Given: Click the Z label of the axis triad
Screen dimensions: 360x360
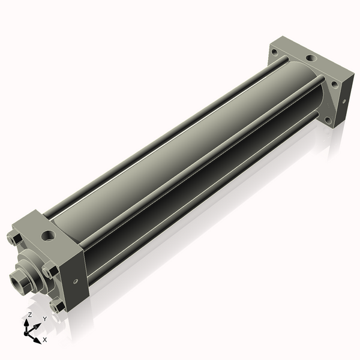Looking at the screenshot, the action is pos(30,314).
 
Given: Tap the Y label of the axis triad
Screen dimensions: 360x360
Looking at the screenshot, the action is pos(45,319).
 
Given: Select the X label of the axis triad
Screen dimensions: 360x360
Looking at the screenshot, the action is pos(45,340).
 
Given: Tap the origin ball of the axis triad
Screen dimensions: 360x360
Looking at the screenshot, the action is pos(26,334).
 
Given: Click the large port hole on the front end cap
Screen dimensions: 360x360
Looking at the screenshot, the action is pos(48,236).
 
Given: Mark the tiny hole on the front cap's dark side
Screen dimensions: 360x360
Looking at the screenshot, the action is pos(76,281).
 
